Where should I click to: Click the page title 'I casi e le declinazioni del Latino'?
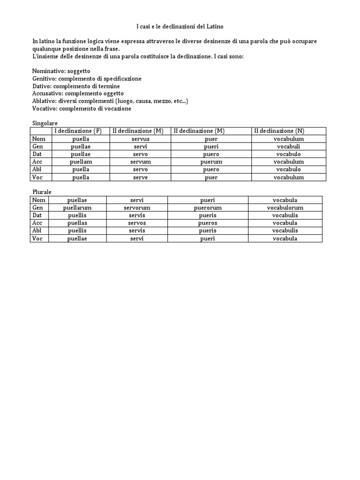180,26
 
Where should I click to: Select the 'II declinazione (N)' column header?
285,131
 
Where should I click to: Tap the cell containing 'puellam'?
80,162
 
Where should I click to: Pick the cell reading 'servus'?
137,139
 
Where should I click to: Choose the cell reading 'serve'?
137,177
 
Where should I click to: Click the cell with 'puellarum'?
77,208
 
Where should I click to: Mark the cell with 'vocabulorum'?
285,208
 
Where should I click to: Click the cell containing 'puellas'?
77,223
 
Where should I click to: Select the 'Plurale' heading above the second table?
42,192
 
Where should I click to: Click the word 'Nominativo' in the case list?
47,71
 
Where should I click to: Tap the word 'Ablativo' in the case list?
44,101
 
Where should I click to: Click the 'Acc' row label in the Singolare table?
37,162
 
